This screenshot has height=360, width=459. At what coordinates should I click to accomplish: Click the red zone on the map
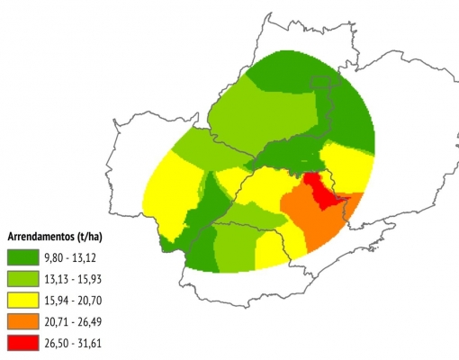[317, 187]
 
